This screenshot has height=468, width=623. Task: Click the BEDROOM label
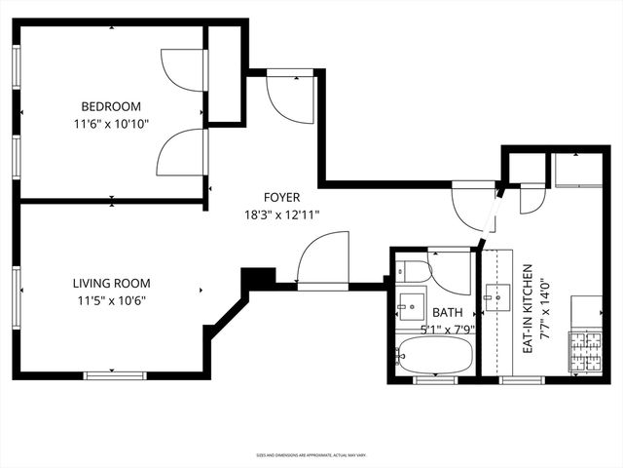(111, 106)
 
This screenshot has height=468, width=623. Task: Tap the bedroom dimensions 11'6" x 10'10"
(111, 124)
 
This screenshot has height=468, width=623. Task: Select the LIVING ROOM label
(111, 284)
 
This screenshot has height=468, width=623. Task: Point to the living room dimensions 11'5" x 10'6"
(111, 301)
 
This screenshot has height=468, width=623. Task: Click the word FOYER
(281, 197)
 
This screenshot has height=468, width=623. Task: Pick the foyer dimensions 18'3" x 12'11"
(281, 214)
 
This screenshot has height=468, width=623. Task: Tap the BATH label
(448, 312)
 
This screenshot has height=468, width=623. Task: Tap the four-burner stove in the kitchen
(585, 352)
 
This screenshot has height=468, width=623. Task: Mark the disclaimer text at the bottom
(311, 454)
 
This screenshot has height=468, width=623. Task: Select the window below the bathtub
(435, 378)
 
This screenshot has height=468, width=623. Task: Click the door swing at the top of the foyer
(288, 95)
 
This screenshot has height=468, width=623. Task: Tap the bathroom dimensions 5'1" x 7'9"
(448, 328)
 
